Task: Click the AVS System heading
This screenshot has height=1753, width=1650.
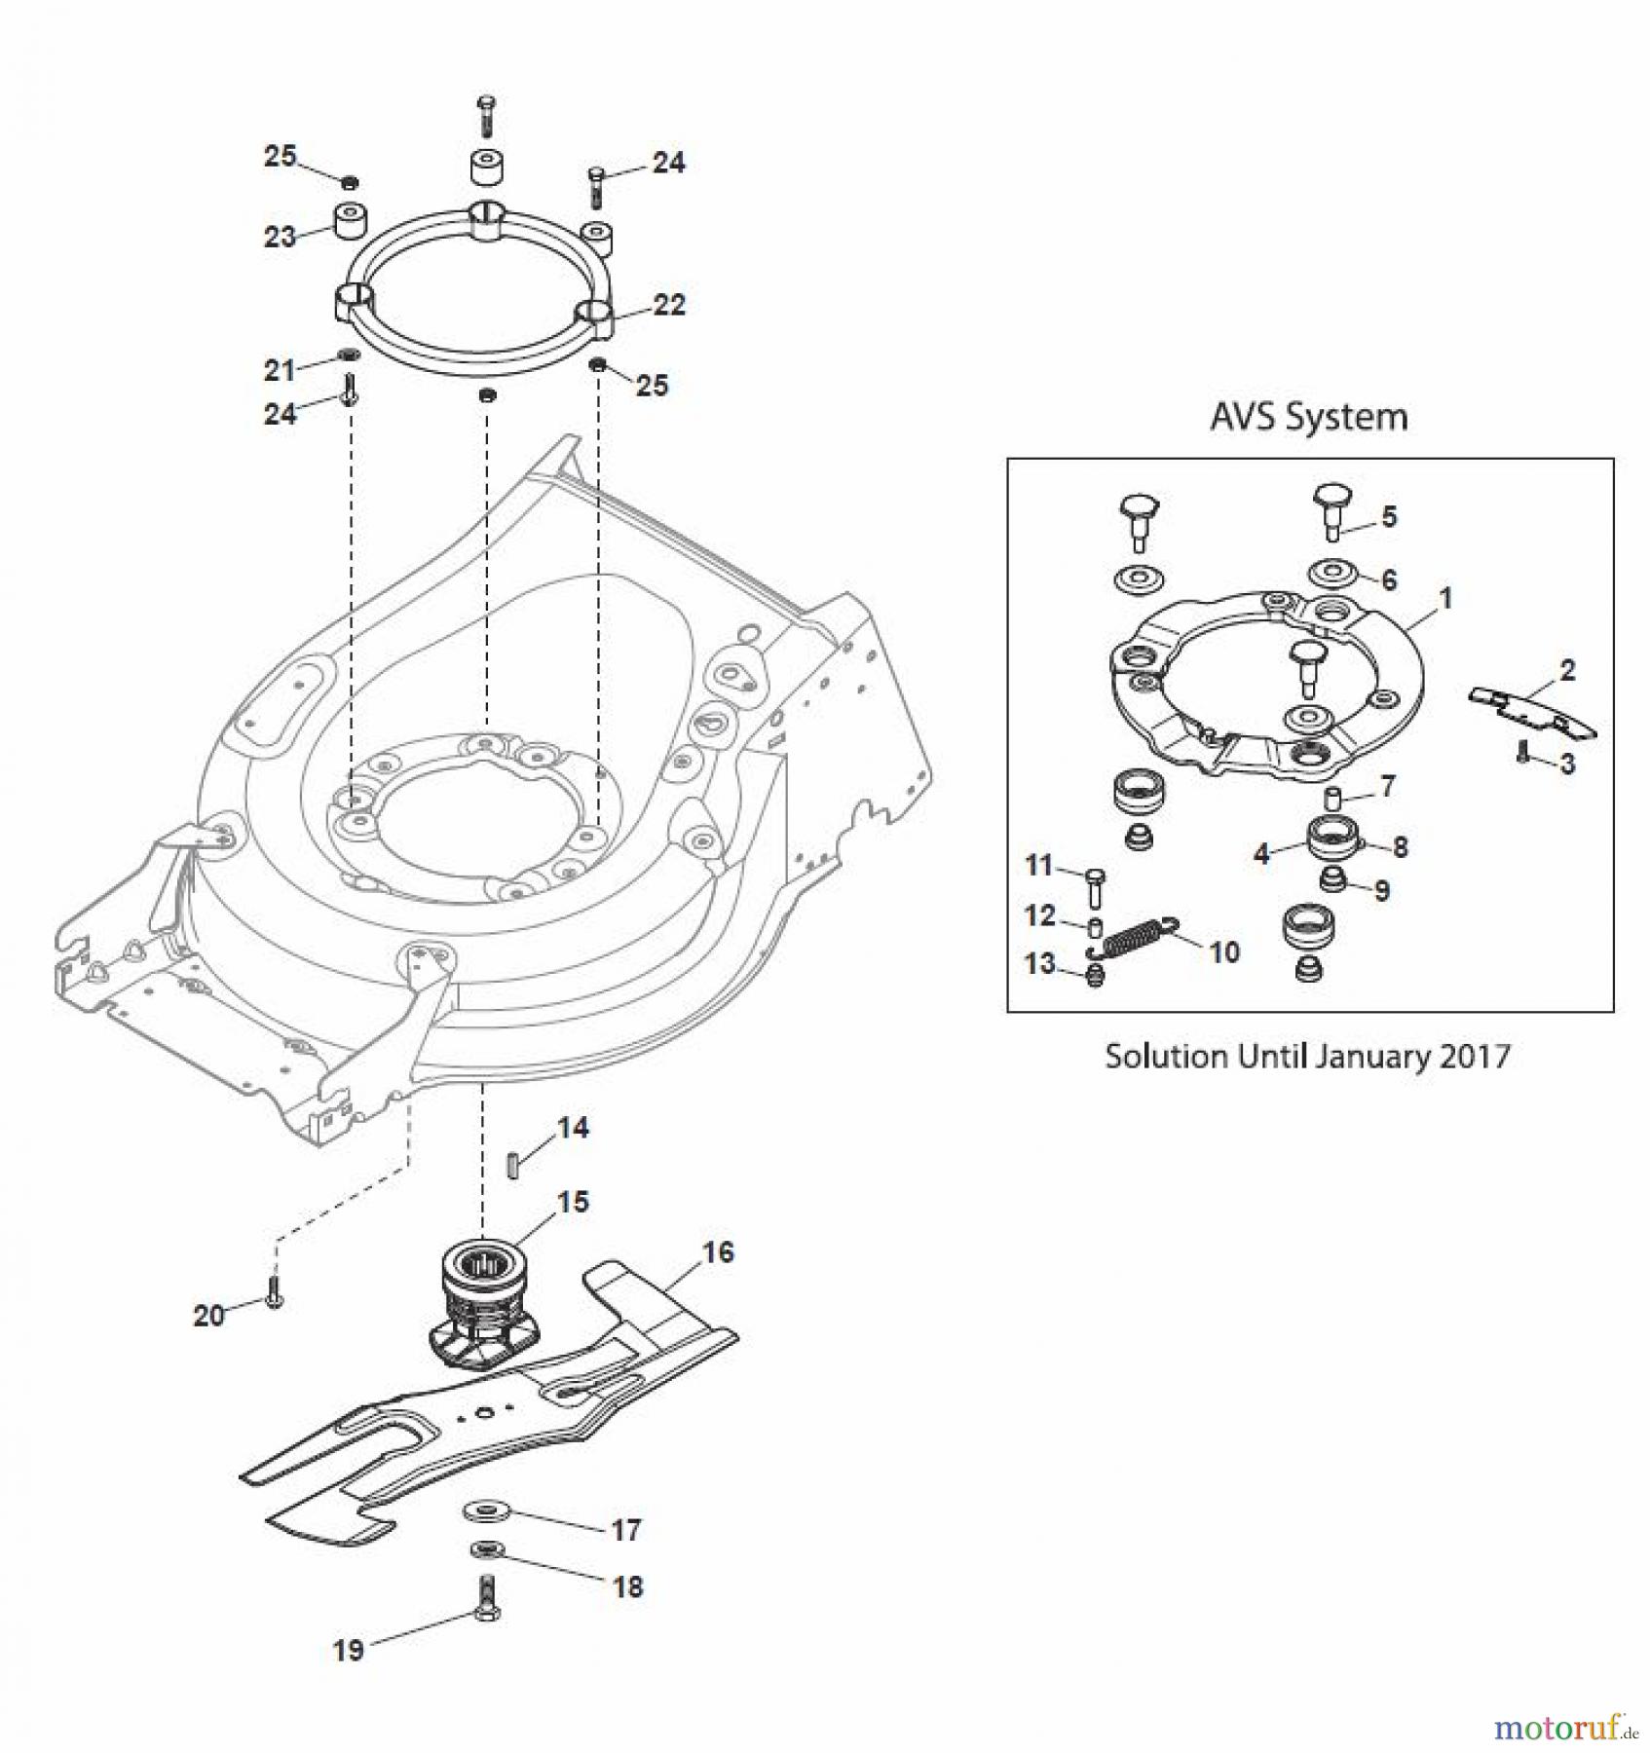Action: click(1308, 417)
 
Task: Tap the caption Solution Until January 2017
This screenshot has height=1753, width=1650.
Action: click(1307, 1057)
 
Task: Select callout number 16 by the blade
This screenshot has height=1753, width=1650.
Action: click(718, 1252)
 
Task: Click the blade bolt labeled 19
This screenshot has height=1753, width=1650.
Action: click(488, 1598)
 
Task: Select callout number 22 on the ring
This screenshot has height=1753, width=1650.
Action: click(669, 306)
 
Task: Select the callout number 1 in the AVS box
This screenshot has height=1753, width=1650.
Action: click(1445, 598)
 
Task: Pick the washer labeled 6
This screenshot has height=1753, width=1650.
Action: click(1331, 575)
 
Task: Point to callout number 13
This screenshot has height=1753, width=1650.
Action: click(1039, 963)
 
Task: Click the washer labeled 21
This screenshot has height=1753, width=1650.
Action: click(348, 354)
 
